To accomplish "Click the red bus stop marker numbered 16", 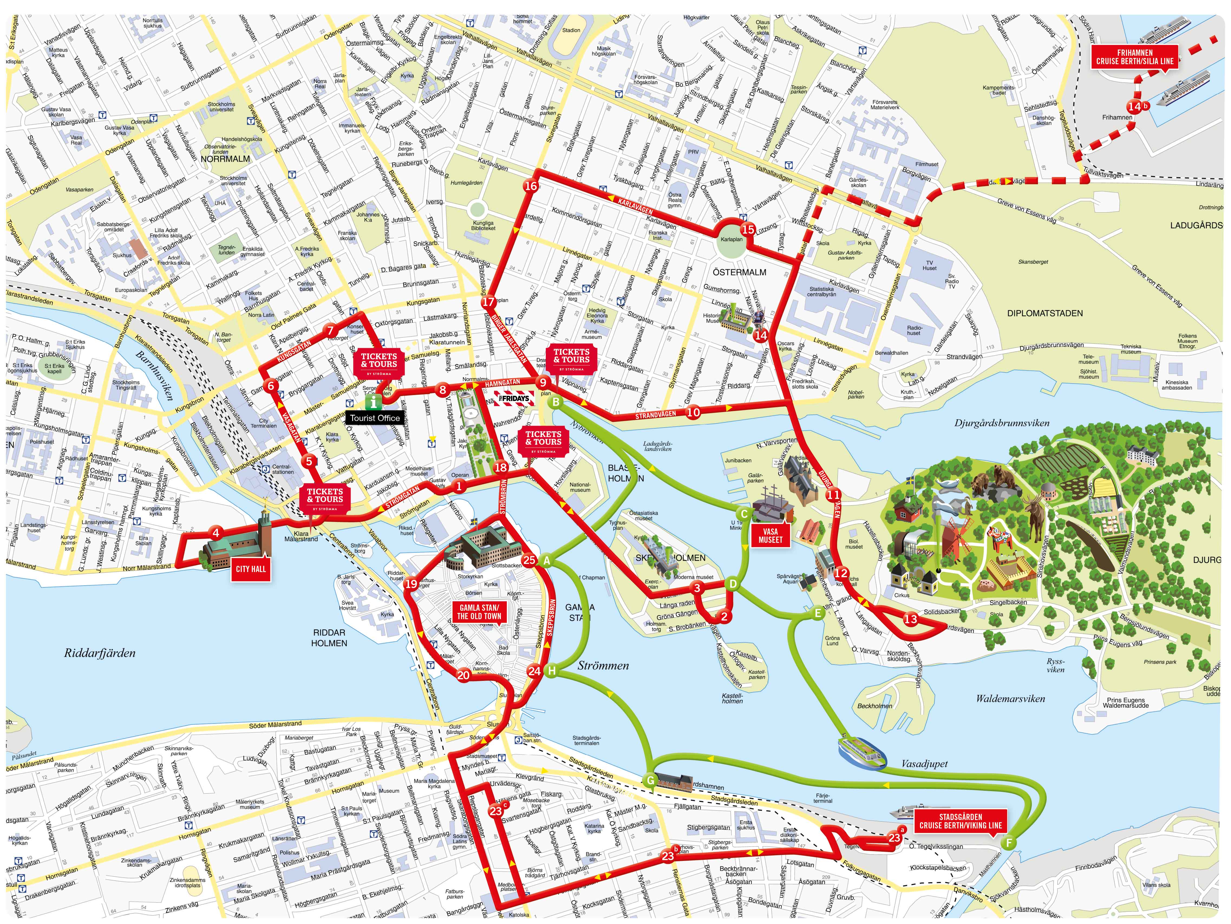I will (x=531, y=186).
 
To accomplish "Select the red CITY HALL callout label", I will (x=251, y=569).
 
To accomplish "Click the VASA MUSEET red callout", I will (x=770, y=536).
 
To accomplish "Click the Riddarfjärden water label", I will (x=100, y=653).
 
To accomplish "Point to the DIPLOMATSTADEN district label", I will (x=1044, y=314).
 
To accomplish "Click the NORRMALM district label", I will (x=226, y=159).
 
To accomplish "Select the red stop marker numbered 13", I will (x=910, y=619).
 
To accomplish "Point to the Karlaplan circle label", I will (x=731, y=239).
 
